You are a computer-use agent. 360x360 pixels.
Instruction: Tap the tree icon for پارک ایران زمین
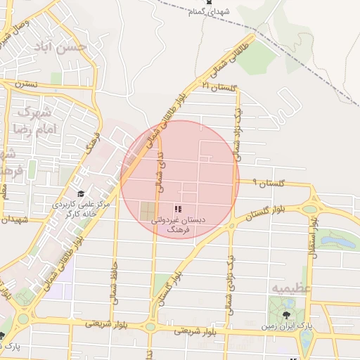(x=286, y=316)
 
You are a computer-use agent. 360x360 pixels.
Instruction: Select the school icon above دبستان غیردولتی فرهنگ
(x=178, y=209)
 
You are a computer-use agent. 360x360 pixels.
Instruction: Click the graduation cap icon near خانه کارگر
(x=81, y=195)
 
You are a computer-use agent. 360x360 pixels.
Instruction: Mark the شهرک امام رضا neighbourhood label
(x=32, y=121)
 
